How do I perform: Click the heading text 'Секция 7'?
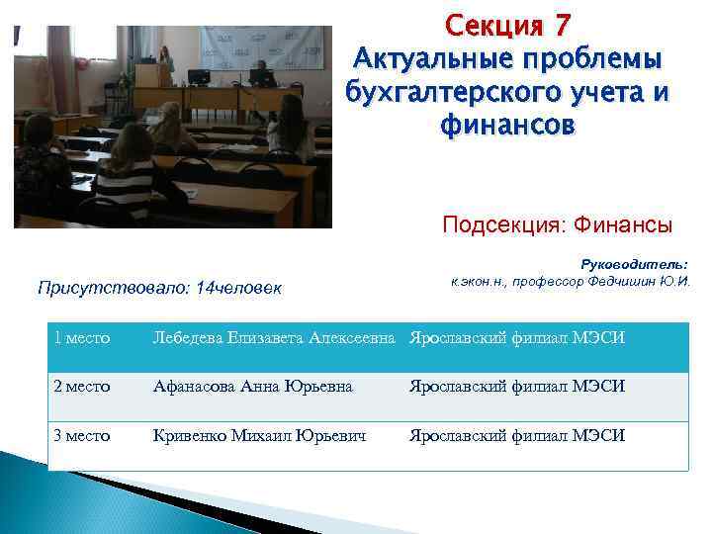point(507,23)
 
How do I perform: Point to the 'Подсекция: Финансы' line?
point(557,225)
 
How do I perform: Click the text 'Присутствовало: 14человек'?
point(159,289)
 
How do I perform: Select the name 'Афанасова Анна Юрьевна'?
point(252,387)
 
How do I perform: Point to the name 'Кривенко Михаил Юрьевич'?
point(260,435)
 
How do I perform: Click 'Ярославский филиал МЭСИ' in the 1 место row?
point(517,339)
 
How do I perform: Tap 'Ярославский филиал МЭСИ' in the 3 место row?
point(517,435)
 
